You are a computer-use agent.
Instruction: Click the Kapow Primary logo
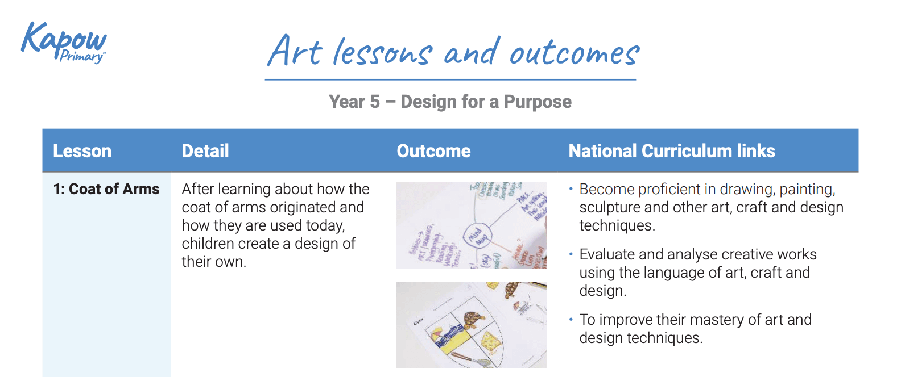pos(63,42)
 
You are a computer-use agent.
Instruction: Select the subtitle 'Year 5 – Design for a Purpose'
pos(450,102)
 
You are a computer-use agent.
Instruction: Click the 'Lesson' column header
pos(82,151)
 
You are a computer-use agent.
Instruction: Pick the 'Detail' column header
pos(205,151)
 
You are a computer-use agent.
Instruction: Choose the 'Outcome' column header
pos(433,151)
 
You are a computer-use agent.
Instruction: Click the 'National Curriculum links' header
pos(671,151)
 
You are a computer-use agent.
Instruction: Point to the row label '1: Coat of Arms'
pos(106,189)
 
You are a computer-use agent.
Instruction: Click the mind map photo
pos(471,225)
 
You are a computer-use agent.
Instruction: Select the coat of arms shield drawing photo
pos(471,325)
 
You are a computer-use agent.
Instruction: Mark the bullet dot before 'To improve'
pos(571,319)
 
